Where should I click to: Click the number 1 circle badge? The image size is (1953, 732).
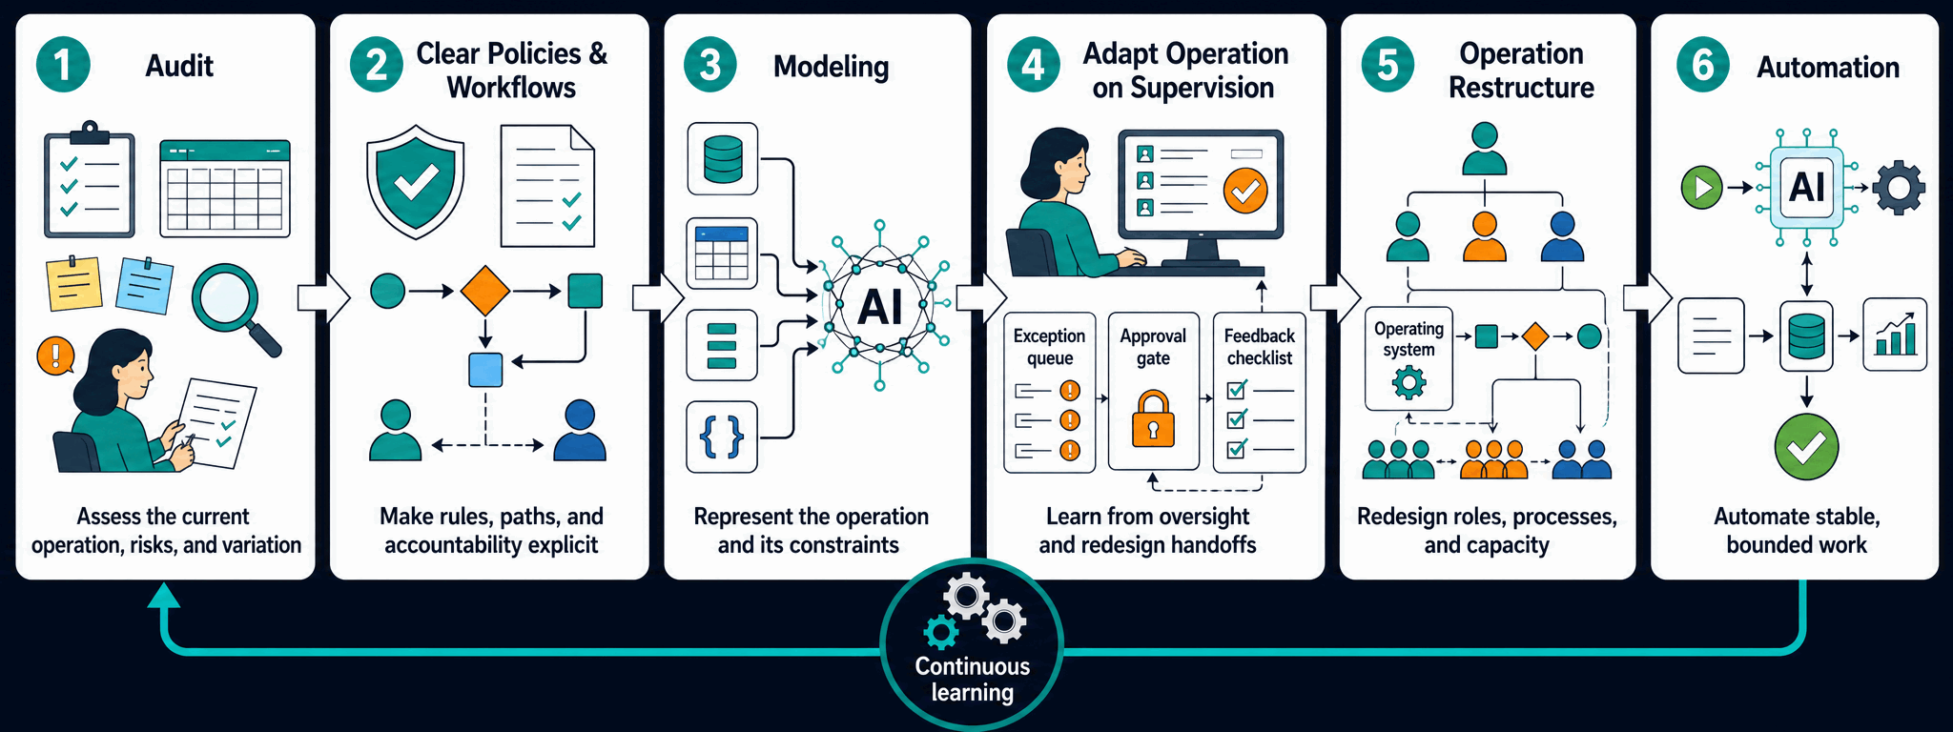point(63,65)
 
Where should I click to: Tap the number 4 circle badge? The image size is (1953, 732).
point(1034,65)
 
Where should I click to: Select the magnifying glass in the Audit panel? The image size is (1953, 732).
point(236,309)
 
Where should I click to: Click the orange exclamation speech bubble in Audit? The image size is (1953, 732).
point(55,356)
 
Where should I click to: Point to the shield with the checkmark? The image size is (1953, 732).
point(416,181)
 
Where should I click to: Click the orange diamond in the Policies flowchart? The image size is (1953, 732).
point(484,291)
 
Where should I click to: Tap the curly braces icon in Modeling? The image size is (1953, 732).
point(722,437)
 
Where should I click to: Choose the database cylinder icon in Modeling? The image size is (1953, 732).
point(722,159)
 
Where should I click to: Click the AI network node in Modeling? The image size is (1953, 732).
point(879,306)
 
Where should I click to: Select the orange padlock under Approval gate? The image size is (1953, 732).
point(1153,419)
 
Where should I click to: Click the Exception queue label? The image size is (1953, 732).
point(1049,347)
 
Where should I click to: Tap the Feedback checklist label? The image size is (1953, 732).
point(1260,347)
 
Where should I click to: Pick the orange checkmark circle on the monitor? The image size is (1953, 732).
point(1245,190)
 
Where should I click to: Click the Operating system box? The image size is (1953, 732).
point(1408,358)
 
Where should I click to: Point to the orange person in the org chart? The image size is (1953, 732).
point(1485,236)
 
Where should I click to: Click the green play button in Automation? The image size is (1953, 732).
point(1701,187)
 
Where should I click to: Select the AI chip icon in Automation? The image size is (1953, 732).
point(1807,187)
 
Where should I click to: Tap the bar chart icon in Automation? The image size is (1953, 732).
point(1895,335)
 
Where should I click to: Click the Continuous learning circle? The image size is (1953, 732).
point(972,645)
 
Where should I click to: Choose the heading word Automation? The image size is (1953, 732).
point(1828,67)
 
